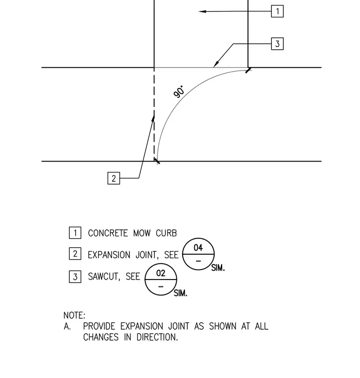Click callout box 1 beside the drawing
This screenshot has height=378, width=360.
point(277,11)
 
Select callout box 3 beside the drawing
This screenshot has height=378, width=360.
point(277,44)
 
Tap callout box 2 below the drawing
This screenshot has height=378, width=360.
point(114,178)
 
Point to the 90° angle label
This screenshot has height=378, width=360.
point(179,92)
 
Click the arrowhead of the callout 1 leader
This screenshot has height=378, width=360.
point(203,11)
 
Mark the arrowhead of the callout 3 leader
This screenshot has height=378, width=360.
point(216,64)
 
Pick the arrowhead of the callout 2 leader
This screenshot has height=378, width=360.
point(153,119)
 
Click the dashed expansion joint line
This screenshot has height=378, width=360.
point(154,114)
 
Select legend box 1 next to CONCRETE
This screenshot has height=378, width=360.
point(75,233)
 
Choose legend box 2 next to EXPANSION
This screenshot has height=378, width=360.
point(75,254)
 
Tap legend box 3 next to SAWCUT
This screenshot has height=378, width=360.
point(75,277)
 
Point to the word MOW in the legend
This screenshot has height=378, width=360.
point(142,233)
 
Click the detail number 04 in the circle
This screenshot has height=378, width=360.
point(198,248)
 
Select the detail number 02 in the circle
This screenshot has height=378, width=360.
point(161,273)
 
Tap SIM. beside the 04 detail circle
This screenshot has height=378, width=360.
point(218,268)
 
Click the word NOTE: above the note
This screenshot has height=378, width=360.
point(74,315)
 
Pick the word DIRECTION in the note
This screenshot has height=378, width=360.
point(157,337)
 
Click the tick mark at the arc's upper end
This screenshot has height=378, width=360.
point(248,71)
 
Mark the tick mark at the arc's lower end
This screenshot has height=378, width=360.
point(157,161)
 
